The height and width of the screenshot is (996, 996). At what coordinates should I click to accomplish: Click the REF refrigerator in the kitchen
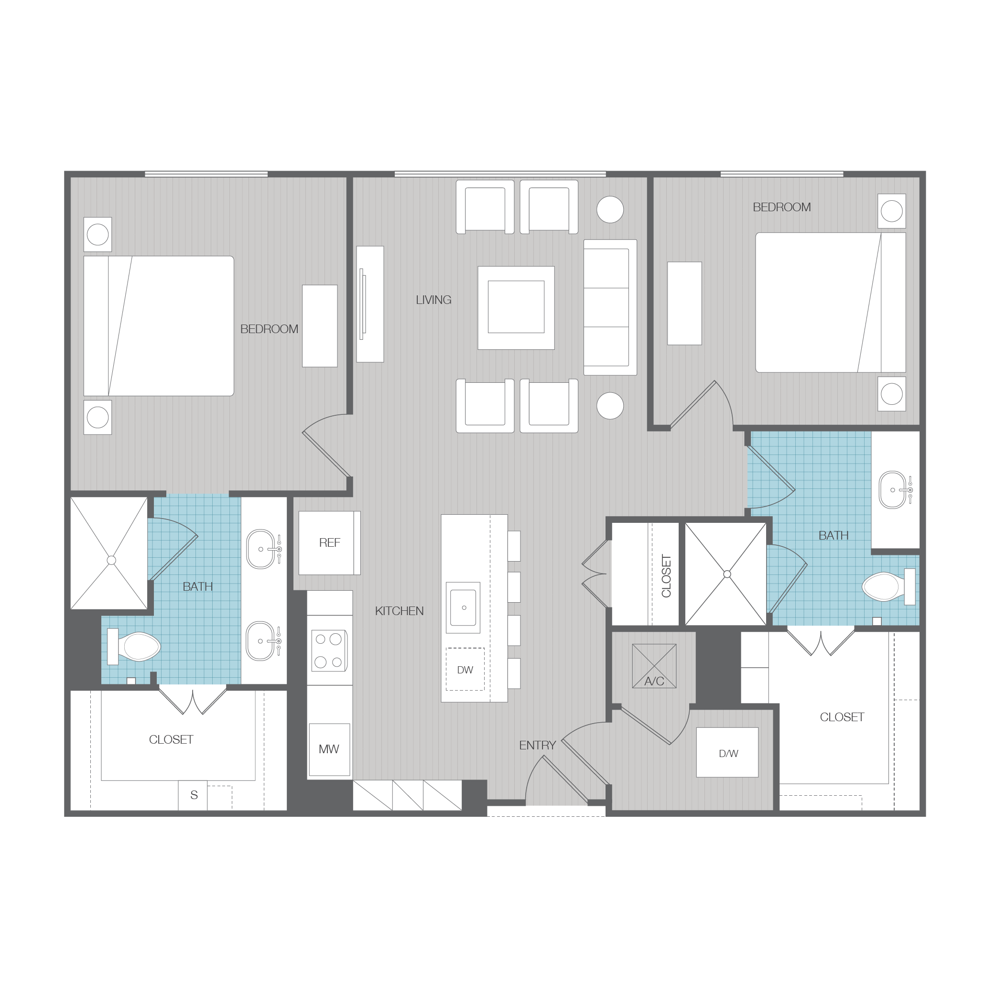tap(329, 543)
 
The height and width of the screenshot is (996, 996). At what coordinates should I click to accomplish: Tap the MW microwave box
tap(329, 749)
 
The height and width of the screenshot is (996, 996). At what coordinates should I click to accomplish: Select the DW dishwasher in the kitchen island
tap(465, 669)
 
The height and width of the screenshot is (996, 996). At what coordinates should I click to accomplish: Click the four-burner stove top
tap(329, 650)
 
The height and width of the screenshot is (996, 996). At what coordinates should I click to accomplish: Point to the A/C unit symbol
tap(654, 666)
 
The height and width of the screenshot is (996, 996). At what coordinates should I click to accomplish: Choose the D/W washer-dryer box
tap(727, 752)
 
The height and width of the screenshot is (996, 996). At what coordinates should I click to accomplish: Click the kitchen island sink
tap(463, 608)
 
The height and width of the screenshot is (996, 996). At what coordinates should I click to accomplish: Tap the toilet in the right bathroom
tap(889, 587)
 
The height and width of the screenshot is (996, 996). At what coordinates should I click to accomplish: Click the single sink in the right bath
tap(893, 490)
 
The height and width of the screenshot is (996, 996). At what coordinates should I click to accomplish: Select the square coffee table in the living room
tap(516, 308)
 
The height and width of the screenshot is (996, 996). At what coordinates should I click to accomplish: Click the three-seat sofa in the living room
tap(610, 307)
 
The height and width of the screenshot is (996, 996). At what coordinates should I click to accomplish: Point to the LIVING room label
tap(433, 300)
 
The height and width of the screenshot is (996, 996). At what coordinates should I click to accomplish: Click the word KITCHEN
tap(400, 611)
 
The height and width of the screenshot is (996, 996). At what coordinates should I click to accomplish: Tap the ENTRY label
tap(537, 745)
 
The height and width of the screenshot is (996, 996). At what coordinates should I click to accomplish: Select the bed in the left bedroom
tap(159, 326)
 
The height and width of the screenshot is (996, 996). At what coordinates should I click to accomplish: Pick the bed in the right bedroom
tap(831, 302)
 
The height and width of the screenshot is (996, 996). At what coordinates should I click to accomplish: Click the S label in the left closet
tap(194, 795)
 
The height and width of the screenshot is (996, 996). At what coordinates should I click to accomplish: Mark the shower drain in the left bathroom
tap(111, 560)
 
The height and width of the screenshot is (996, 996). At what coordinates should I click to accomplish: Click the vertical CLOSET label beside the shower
tap(666, 576)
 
